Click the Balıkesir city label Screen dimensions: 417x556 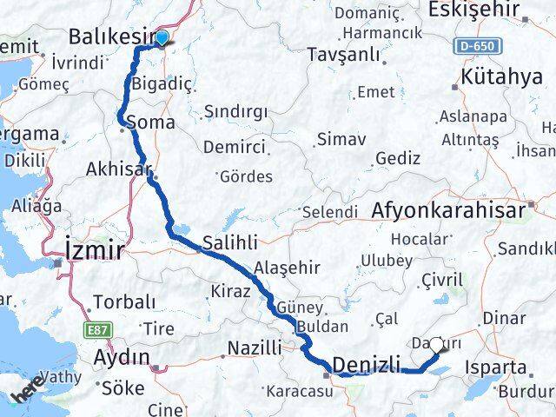coord(111,38)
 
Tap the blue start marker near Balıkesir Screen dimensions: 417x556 coord(162,36)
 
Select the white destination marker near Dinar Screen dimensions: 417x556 coord(436,345)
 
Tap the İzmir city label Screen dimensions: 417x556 coord(95,250)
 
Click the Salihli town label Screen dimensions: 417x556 coord(230,242)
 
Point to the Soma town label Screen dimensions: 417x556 coord(149,123)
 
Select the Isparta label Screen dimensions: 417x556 coord(496,367)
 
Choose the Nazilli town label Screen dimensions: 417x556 coord(254,348)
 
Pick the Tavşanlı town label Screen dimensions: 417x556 coord(345,56)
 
